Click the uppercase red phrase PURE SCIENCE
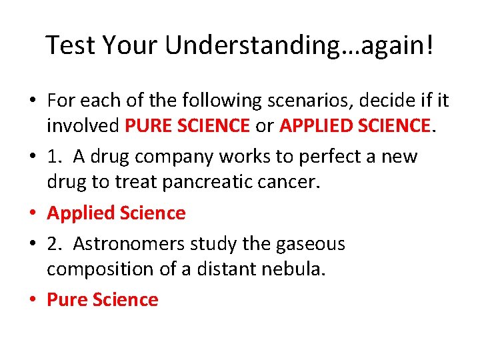pos(195,125)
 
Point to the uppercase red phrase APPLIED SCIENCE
pos(355,125)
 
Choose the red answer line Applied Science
pos(116,213)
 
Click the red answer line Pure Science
pos(102,300)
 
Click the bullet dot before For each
pos(31,101)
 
